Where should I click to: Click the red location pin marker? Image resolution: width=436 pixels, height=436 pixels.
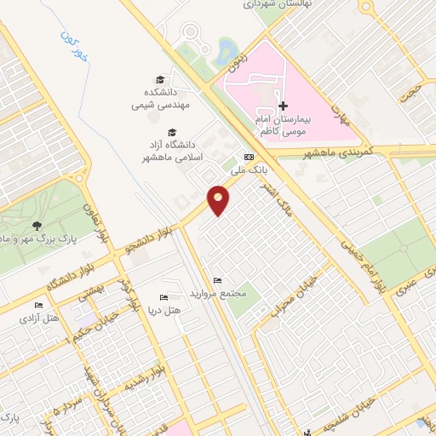[x=219, y=200]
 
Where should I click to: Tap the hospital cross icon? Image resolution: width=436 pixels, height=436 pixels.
[x=284, y=106]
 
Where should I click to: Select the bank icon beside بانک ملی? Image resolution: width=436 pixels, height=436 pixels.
[x=249, y=157]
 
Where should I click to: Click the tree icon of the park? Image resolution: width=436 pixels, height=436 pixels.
[x=37, y=225]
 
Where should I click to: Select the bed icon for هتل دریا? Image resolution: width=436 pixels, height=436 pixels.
[x=163, y=298]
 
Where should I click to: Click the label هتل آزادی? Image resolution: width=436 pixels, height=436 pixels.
[x=41, y=318]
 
